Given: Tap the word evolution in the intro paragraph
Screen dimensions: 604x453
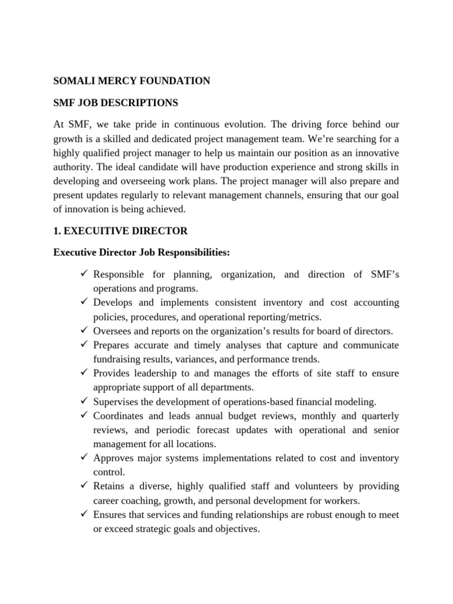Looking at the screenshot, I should click(225, 124).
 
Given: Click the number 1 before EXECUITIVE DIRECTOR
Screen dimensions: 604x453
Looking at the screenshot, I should click(57, 231).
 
